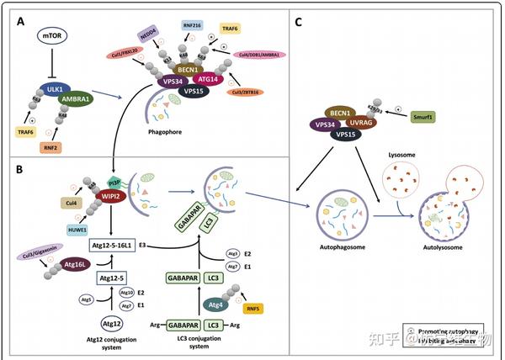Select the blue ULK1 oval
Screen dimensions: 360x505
click(56, 87)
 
